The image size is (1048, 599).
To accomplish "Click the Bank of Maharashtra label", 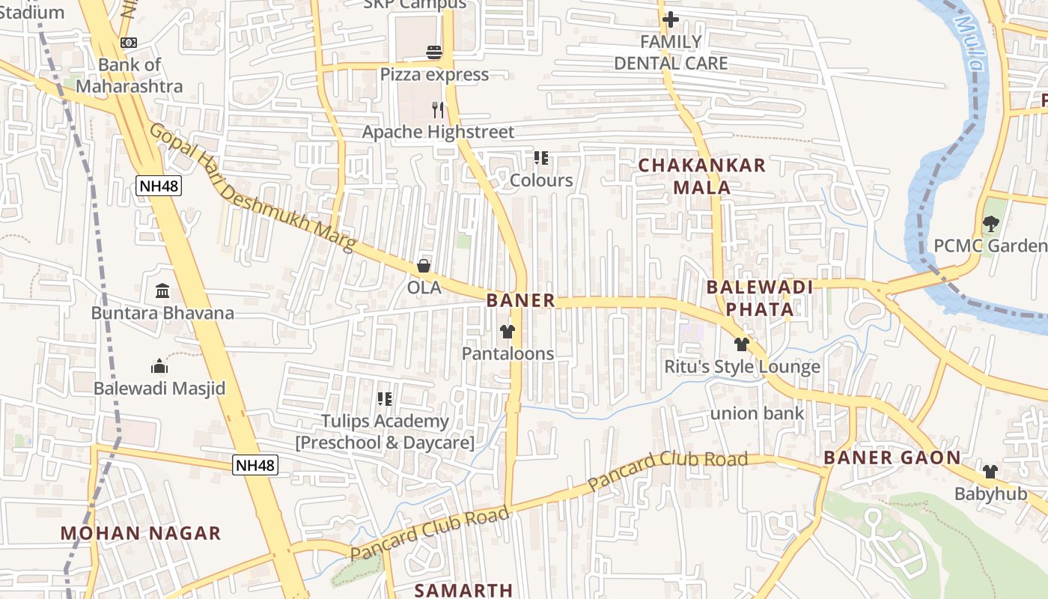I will (130, 76).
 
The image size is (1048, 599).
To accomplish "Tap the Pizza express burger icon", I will (434, 52).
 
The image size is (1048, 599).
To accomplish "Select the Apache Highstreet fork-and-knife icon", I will (439, 110).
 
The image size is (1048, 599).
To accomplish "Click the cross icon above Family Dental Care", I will (671, 19).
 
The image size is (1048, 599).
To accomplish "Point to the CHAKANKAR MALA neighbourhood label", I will (702, 176).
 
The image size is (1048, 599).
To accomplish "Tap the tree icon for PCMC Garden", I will (991, 223).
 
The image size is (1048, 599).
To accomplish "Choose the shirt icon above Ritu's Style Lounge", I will (742, 344).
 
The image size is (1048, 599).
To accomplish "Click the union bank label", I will (757, 413).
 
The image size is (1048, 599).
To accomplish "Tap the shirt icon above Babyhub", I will (990, 471).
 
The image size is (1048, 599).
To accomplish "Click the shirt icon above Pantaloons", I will (508, 331).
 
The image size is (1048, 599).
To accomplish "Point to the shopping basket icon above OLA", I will (424, 266).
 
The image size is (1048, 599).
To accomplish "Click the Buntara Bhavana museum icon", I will (162, 291).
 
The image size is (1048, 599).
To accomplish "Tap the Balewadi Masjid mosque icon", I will (159, 366).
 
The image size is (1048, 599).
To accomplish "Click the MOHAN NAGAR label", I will (141, 533).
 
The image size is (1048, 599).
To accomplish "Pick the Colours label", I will (541, 180).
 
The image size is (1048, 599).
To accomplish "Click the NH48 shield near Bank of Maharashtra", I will (159, 186).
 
